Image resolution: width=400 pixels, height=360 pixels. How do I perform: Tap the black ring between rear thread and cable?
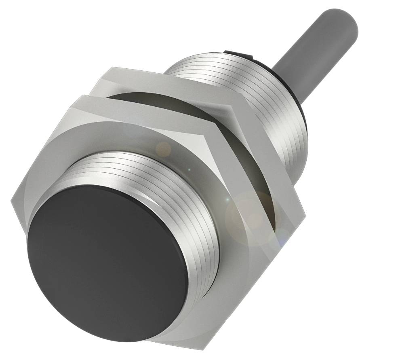[x=301, y=105]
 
